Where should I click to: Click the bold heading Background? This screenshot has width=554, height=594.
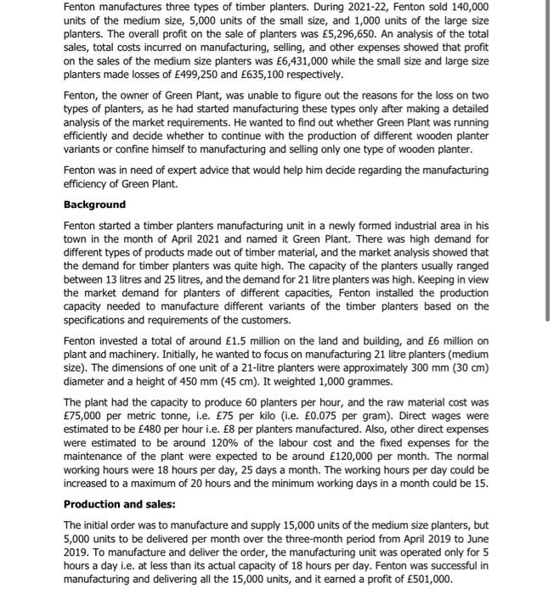(x=94, y=205)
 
